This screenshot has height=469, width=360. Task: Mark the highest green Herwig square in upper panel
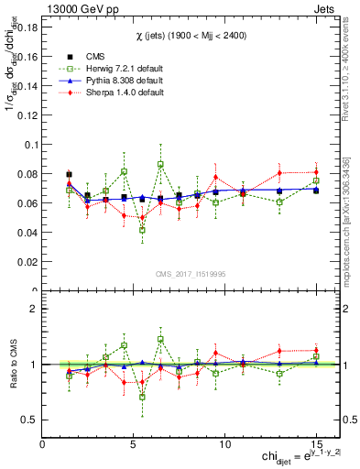pos(160,165)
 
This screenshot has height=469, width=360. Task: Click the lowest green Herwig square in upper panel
pos(142,230)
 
